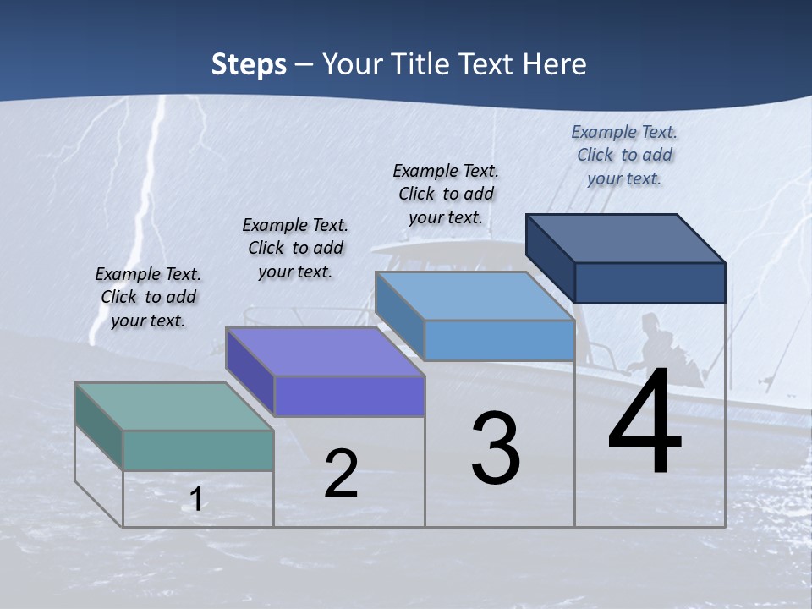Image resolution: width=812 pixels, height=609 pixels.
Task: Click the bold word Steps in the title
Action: [x=249, y=64]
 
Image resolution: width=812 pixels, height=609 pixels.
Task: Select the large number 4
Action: [x=645, y=423]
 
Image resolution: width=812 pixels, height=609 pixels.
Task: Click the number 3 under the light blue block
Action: [x=495, y=448]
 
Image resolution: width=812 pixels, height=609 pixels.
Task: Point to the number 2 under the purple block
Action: [x=341, y=474]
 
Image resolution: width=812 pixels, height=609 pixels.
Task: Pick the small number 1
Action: [x=195, y=499]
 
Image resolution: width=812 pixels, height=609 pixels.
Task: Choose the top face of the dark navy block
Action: [x=626, y=238]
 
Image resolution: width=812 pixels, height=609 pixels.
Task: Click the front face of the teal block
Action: [x=198, y=450]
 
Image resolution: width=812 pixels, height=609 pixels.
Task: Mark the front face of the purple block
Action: [x=348, y=396]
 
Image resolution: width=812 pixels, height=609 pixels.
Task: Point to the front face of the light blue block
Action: [x=499, y=340]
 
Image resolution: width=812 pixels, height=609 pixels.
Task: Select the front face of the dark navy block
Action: [x=650, y=283]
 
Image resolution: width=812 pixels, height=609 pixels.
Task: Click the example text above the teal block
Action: [x=148, y=297]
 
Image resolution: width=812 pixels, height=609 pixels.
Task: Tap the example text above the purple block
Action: [x=295, y=248]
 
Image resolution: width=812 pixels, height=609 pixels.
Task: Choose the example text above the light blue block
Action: [x=446, y=194]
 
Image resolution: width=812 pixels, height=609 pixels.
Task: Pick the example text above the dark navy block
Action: [x=624, y=155]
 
